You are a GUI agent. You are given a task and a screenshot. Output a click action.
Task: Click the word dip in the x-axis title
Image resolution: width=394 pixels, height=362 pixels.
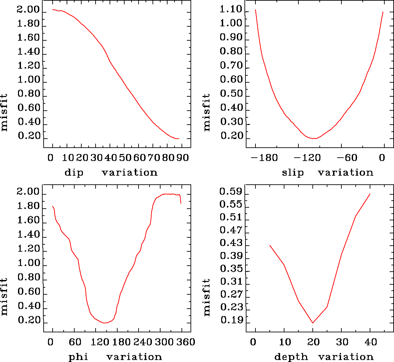click(x=74, y=173)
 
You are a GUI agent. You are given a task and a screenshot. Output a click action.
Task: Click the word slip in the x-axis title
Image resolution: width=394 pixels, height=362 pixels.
click(x=293, y=173)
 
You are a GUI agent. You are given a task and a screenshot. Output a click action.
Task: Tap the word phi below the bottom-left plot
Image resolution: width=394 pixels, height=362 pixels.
click(x=78, y=357)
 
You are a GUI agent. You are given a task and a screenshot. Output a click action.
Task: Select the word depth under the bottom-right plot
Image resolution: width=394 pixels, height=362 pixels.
click(x=291, y=357)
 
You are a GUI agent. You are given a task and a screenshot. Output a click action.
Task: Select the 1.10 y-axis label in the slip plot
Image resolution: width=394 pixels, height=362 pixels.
click(x=231, y=9)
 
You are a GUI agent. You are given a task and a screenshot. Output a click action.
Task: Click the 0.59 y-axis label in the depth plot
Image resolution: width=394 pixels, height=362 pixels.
click(x=230, y=192)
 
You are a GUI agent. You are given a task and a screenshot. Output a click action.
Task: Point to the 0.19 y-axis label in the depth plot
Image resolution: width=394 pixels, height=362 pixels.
click(x=231, y=321)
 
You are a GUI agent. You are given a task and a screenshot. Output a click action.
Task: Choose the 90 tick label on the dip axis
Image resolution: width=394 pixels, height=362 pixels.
click(x=182, y=158)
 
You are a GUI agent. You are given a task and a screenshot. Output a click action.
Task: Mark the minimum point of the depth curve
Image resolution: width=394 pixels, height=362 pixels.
click(x=313, y=323)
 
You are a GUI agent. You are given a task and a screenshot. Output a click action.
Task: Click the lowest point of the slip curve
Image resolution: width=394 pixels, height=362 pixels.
click(x=314, y=138)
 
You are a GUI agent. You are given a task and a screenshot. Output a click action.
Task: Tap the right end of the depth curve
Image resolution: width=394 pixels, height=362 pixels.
click(x=370, y=194)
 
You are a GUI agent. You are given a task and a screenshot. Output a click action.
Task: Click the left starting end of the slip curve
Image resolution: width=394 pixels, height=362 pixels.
click(x=255, y=10)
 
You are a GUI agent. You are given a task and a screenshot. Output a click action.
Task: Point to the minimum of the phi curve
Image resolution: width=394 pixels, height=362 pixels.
click(x=105, y=323)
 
